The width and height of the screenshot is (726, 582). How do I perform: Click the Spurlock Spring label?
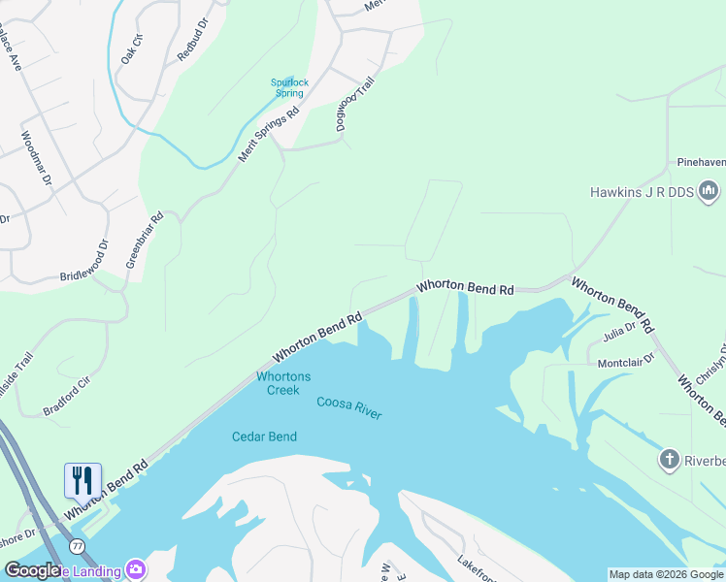(289, 88)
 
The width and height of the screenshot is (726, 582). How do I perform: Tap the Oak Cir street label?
(132, 48)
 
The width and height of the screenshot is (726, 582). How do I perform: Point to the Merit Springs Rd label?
(268, 132)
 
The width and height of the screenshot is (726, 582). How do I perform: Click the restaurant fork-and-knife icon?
(82, 480)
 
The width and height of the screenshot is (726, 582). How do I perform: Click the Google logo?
(32, 569)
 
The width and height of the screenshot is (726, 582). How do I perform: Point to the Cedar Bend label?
(264, 436)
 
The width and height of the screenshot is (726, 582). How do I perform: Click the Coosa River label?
(349, 407)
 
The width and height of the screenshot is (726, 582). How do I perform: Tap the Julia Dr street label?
(618, 331)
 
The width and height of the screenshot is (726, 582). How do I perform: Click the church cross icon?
(669, 459)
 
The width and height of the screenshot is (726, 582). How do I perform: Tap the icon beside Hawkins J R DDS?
(709, 191)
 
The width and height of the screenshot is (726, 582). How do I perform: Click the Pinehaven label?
(701, 162)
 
